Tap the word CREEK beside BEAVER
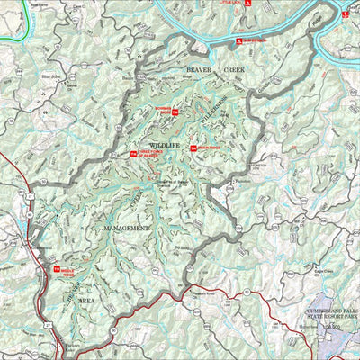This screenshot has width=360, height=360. pos(233,69)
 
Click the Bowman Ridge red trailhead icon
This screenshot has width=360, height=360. pos(175,112)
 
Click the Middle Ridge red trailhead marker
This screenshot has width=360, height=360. pos(56,270)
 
